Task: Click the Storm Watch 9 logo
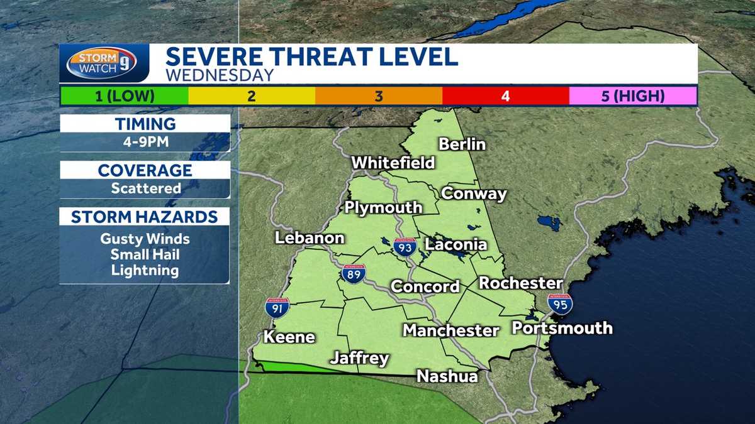(101, 63)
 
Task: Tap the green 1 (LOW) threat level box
(125, 96)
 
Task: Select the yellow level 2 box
(252, 96)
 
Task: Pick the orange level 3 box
(379, 96)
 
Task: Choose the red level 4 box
(506, 96)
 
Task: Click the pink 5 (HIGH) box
(632, 96)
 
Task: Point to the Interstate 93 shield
(405, 246)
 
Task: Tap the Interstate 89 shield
(354, 273)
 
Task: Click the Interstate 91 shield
(277, 307)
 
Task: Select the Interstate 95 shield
(559, 303)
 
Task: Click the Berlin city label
(462, 144)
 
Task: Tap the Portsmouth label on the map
(562, 328)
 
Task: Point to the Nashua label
(447, 376)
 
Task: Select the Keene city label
(289, 337)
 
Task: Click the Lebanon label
(310, 238)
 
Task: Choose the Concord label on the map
(425, 286)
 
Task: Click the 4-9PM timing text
(145, 142)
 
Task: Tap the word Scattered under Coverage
(145, 188)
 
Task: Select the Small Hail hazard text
(145, 255)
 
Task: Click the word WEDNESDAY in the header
(220, 75)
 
